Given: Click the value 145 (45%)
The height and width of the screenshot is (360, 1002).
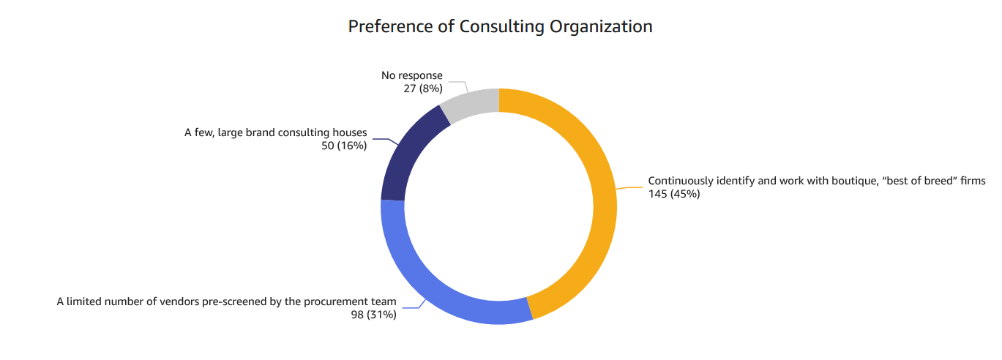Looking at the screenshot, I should click(x=674, y=194).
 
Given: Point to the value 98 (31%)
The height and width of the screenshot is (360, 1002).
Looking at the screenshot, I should click(x=373, y=315).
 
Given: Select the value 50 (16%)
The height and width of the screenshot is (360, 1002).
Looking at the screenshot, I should click(x=344, y=146).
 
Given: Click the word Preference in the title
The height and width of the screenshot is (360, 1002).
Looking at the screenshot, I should click(x=392, y=27).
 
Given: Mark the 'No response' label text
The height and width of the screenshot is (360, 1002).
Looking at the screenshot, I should click(x=412, y=75).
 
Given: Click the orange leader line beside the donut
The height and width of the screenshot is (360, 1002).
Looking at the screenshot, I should click(x=629, y=187).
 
